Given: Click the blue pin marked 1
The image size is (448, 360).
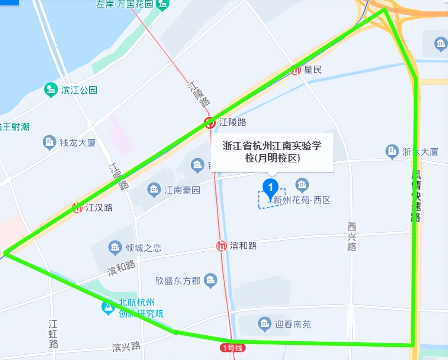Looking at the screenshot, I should [x=271, y=187].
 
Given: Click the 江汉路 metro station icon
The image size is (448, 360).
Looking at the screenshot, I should [x=77, y=207].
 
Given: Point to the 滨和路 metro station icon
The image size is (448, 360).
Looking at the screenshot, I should [x=221, y=246].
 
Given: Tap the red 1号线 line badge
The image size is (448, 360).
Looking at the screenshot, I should [x=232, y=348].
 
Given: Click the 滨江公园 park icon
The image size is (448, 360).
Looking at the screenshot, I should [x=51, y=90].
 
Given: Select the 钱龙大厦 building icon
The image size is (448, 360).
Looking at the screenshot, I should [x=49, y=143].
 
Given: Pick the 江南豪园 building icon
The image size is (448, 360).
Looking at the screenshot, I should [x=154, y=190].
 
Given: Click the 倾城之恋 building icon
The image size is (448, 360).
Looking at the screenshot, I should [x=115, y=248].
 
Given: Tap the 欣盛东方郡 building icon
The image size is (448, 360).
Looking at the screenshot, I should [x=210, y=281].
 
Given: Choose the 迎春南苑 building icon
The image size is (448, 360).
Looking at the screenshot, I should [x=264, y=324].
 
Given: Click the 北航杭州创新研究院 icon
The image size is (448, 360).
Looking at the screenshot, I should [x=108, y=307].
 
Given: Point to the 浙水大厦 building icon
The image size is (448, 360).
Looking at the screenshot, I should [x=392, y=151].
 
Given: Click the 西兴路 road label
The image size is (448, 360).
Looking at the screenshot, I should [x=351, y=236].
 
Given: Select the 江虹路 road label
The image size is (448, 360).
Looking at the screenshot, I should [x=53, y=334].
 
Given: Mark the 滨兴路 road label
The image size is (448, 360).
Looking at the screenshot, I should [x=126, y=347].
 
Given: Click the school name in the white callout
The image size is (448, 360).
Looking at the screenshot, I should [x=272, y=152].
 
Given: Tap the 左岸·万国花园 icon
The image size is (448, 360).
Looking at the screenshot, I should [x=163, y=5].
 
